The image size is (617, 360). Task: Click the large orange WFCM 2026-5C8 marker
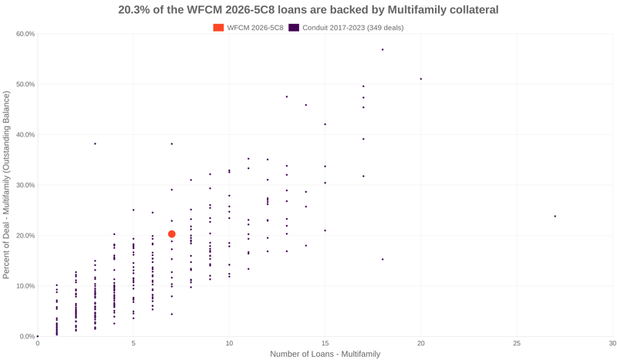172,234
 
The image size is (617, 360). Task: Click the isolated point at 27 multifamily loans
555,216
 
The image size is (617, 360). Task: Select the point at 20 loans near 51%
420,79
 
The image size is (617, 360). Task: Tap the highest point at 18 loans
383,49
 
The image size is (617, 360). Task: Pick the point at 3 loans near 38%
95,143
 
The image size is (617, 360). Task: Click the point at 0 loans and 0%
38,336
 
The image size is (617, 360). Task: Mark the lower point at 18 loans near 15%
383,259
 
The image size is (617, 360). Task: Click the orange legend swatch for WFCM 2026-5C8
218,28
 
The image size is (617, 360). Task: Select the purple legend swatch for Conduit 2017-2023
294,28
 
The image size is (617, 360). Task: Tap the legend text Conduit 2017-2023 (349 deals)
352,28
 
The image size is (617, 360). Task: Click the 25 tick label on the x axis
516,343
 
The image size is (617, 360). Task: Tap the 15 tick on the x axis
325,343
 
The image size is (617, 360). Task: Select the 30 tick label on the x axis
612,343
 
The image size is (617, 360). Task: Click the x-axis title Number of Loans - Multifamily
325,354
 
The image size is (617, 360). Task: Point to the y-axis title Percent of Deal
7,185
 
